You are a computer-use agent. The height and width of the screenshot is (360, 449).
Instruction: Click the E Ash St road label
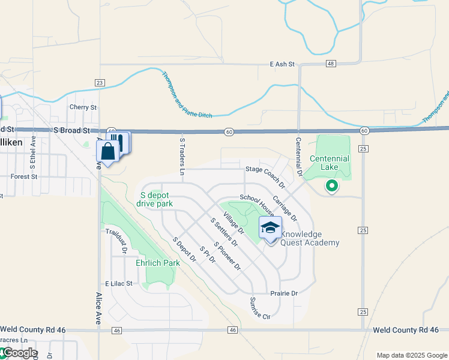pyautogui.click(x=282, y=64)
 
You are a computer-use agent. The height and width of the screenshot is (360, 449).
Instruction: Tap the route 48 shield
pyautogui.click(x=331, y=64)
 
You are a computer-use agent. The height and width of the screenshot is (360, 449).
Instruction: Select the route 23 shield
pyautogui.click(x=100, y=83)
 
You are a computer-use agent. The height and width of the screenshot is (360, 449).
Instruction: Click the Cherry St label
pyautogui.click(x=83, y=107)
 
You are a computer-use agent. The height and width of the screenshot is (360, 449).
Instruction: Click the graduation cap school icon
pyautogui.click(x=270, y=228)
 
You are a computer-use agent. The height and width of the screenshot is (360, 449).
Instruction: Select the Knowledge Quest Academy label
pyautogui.click(x=310, y=238)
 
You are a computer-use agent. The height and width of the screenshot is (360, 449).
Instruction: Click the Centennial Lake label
pyautogui.click(x=330, y=162)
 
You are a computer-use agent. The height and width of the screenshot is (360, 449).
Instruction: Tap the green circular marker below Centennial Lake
pyautogui.click(x=331, y=186)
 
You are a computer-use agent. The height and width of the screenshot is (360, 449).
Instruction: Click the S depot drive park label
pyautogui.click(x=157, y=199)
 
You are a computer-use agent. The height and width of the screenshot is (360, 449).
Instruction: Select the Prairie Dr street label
pyautogui.click(x=284, y=293)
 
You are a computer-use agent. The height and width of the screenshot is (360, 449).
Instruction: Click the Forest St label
pyautogui.click(x=24, y=177)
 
